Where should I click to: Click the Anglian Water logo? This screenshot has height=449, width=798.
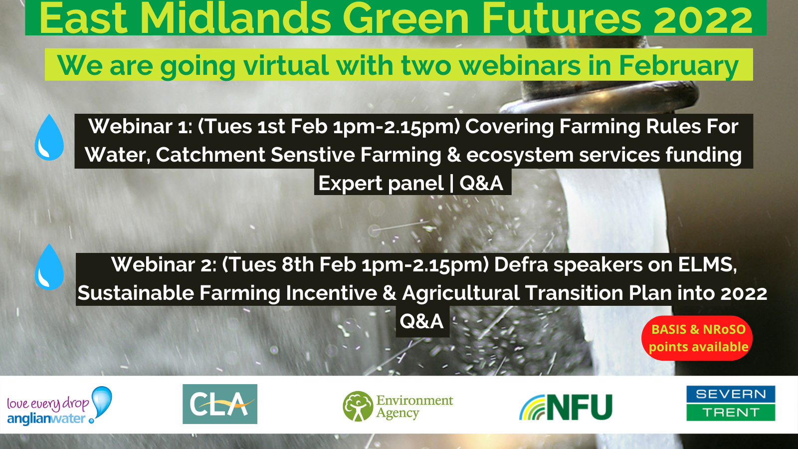point(59,405)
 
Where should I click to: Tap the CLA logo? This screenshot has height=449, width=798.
point(220,404)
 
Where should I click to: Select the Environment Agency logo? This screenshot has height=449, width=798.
point(398,406)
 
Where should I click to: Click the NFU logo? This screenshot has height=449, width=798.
point(566,407)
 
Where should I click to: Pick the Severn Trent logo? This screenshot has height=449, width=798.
point(731,404)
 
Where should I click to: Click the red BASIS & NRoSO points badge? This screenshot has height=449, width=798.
point(697,338)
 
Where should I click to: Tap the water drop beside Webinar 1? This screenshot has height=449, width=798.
point(49,137)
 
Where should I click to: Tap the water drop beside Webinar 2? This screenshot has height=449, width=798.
point(49,267)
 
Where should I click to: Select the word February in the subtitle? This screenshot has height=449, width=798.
point(678,66)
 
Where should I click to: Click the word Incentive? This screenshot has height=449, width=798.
point(331,293)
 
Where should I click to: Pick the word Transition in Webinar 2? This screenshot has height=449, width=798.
point(574,293)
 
